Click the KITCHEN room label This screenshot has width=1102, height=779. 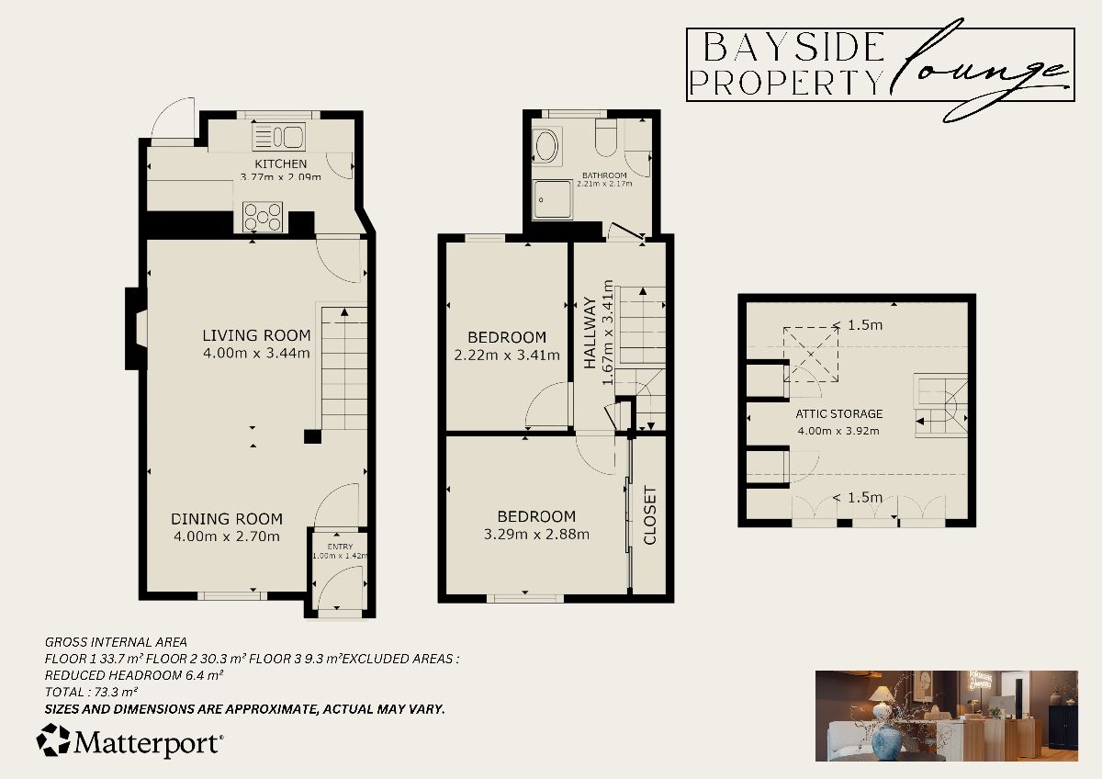[281, 164]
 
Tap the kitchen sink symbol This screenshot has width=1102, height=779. [278, 138]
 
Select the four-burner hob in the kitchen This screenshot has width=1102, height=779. [264, 218]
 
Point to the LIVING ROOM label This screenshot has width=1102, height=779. [256, 335]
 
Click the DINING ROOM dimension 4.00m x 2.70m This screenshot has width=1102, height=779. [226, 536]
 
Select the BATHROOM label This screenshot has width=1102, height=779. [603, 175]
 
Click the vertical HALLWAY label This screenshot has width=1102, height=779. [590, 332]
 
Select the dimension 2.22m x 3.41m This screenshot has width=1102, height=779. [507, 355]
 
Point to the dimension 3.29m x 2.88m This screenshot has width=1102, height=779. [537, 535]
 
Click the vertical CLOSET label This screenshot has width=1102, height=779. [650, 515]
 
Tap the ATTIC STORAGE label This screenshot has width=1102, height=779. [839, 414]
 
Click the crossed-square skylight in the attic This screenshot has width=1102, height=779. [810, 353]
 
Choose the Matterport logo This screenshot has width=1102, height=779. [129, 741]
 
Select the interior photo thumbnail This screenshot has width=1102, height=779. [946, 716]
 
